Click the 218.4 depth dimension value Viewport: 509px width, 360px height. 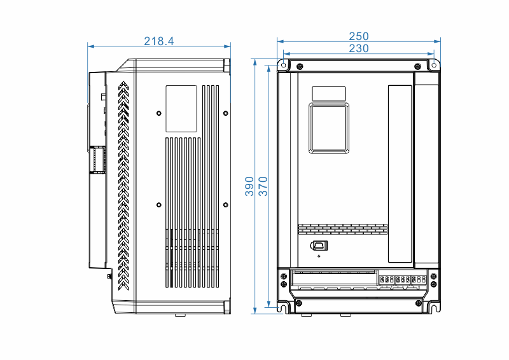point(158,41)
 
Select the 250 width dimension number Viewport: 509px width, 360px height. point(359,37)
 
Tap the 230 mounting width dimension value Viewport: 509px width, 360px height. point(359,48)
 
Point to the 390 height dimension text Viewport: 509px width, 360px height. point(250,186)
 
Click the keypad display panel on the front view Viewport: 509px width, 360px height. point(329,128)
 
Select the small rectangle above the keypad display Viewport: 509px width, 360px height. point(329,93)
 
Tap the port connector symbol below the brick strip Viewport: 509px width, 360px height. point(319,246)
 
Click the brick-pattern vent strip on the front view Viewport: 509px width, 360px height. point(342,228)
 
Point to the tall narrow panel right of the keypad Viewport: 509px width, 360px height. point(400,174)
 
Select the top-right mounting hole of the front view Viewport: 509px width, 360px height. point(434,65)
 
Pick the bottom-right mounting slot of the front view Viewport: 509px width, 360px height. point(435,307)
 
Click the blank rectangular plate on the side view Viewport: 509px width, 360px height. point(181,109)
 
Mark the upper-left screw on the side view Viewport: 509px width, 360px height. point(158,114)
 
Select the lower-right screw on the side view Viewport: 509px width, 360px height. point(226,205)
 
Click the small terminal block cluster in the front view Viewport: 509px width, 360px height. point(402,279)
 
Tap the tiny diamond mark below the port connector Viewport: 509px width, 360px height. point(319,256)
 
